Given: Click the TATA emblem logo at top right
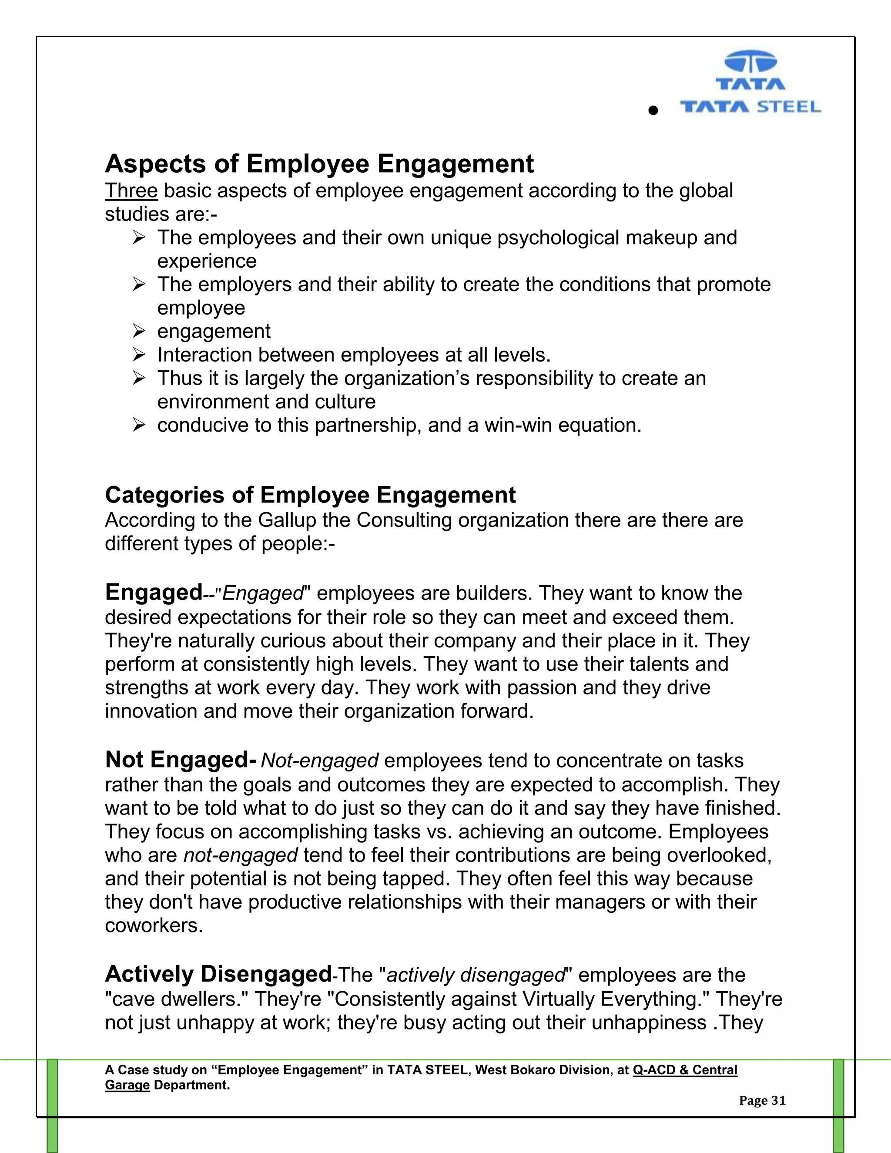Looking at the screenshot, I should tap(750, 64).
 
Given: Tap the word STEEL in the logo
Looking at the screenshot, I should tap(789, 107).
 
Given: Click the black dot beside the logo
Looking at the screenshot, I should tap(653, 111).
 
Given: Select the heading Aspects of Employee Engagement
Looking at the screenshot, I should tap(319, 163).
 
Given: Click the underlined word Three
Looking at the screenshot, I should tap(131, 191).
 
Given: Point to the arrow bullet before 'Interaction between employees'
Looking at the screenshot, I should tap(139, 354).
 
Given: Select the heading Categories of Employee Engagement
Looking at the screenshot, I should tap(310, 495).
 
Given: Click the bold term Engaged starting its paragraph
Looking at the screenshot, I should tap(154, 592).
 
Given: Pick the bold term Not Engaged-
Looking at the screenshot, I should tap(181, 760).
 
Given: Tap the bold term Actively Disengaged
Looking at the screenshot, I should tap(218, 974).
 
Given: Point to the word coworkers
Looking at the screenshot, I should tap(154, 925).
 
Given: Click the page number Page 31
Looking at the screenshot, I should tap(762, 1100).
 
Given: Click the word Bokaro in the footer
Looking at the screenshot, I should tap(530, 1070).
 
